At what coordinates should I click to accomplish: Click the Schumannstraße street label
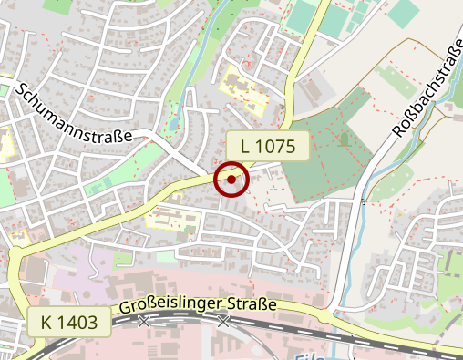74,112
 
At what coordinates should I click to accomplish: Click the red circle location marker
231,180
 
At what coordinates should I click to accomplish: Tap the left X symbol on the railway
144,321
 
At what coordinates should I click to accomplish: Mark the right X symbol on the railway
223,321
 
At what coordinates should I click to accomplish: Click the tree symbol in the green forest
345,138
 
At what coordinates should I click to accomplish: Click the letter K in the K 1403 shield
46,321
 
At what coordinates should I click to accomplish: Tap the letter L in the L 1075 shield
247,145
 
